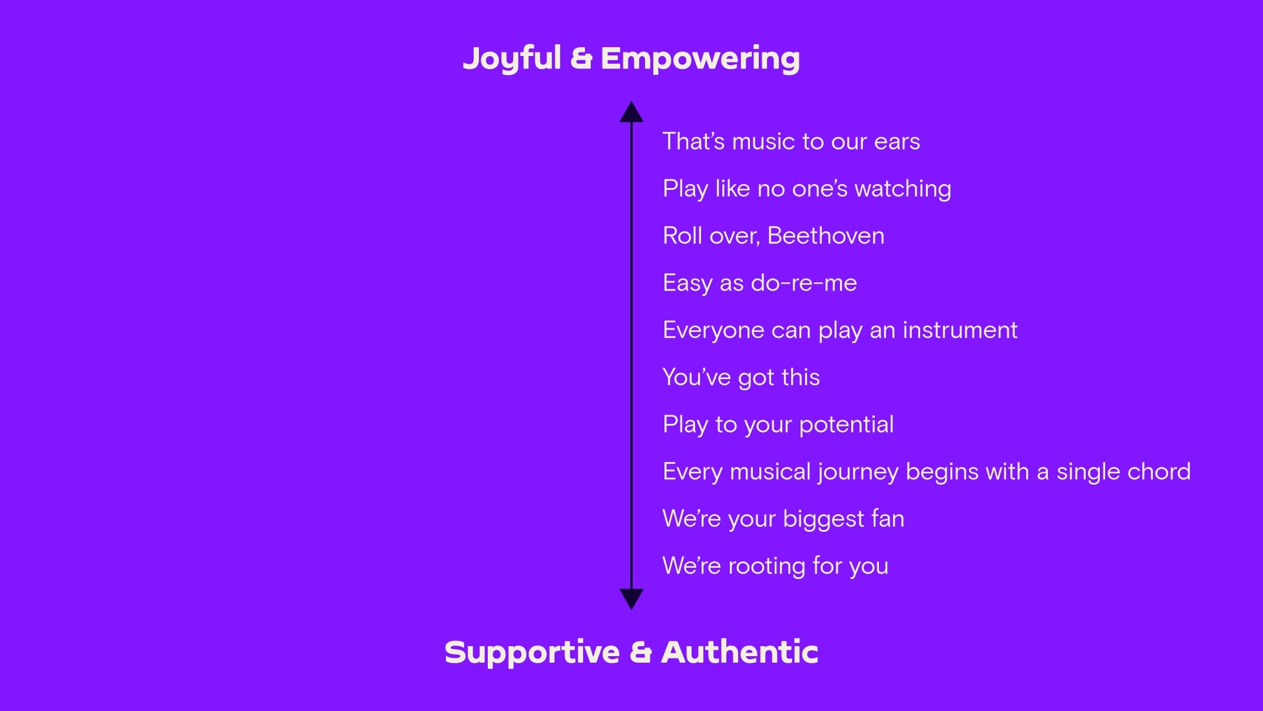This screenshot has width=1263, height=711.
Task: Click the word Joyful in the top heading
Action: [x=512, y=59]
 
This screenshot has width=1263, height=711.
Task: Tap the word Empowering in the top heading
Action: [x=700, y=59]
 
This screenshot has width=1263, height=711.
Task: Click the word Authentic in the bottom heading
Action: [x=740, y=652]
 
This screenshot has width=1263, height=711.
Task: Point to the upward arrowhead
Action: [x=631, y=111]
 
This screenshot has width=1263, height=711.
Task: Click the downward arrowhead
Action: [x=631, y=599]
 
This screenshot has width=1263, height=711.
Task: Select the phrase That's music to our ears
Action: [x=791, y=141]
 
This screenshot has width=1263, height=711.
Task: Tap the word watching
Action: [x=902, y=189]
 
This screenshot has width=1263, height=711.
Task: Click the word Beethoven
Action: [x=826, y=236]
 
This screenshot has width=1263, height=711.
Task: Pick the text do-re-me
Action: [x=804, y=283]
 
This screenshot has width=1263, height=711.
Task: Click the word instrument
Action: [x=960, y=330]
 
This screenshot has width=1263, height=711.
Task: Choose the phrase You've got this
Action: [x=741, y=377]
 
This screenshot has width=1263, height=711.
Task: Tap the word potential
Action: [x=847, y=425]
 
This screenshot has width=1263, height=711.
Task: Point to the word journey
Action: [x=858, y=472]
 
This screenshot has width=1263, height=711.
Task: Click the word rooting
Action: [x=767, y=567]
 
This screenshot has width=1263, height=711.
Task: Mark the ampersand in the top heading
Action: [x=581, y=59]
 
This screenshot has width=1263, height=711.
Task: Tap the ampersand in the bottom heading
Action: [x=640, y=653]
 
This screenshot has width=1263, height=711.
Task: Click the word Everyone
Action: [x=713, y=331]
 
